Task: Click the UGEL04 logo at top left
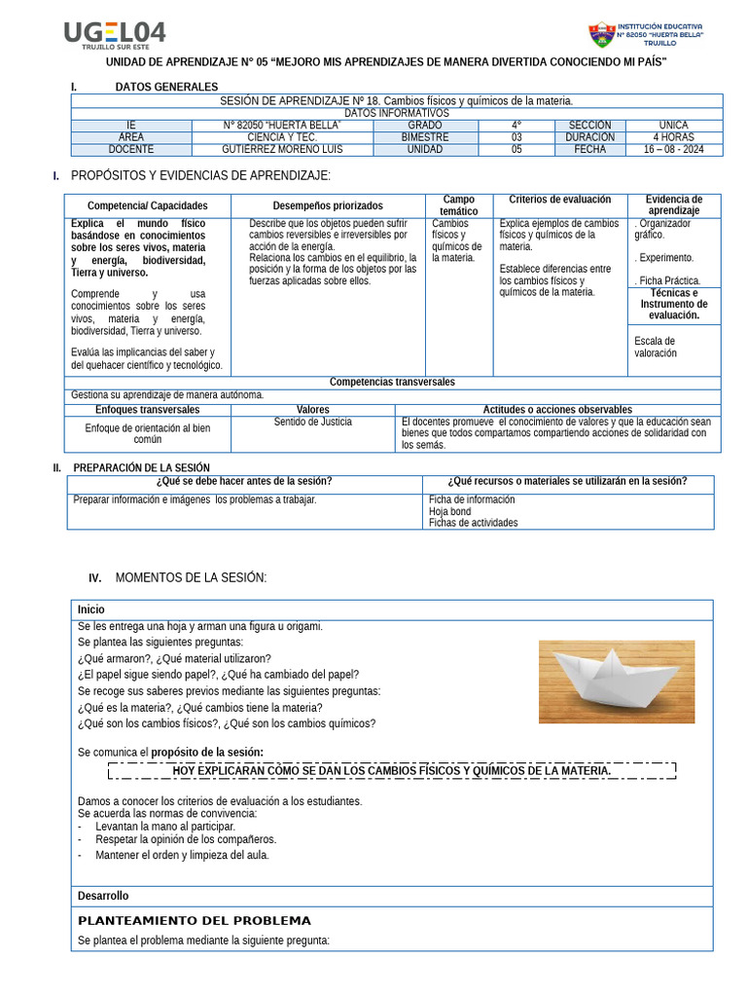[115, 35]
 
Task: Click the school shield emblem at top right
[601, 35]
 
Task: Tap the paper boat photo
[617, 682]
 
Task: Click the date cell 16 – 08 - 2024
[672, 150]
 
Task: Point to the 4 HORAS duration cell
[673, 137]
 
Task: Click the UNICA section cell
[673, 125]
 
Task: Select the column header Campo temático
[458, 205]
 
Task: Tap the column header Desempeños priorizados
[328, 205]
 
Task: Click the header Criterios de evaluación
[560, 200]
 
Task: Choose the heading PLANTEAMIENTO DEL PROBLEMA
[195, 920]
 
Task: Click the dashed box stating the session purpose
[391, 771]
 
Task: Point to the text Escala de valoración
[655, 347]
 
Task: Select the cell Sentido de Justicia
[313, 422]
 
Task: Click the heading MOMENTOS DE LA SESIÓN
[191, 577]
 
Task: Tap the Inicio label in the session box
[91, 609]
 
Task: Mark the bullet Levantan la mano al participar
[164, 826]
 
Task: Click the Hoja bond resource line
[449, 511]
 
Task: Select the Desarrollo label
[103, 896]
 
